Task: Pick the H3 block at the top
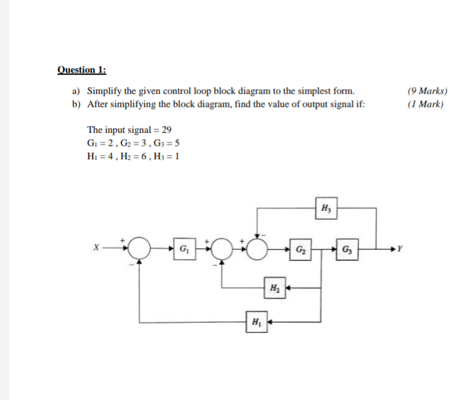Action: click(325, 207)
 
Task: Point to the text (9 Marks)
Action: click(427, 91)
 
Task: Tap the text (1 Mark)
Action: click(426, 104)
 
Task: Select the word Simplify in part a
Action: click(105, 91)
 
